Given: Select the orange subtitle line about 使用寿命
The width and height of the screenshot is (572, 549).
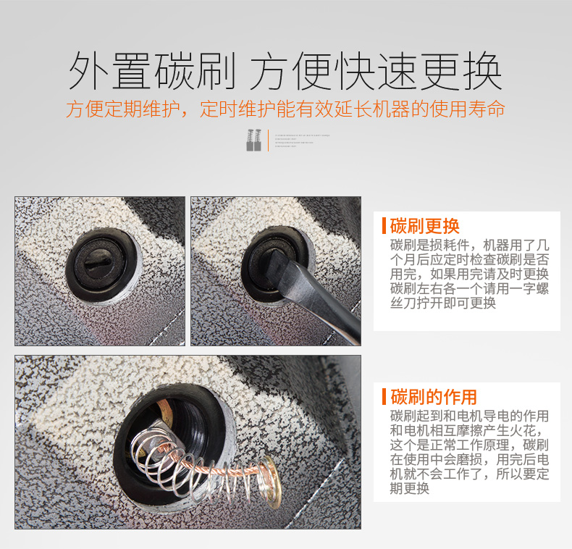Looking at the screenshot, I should click(x=285, y=109).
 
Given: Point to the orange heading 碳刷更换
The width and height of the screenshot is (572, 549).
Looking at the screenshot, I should click(x=424, y=225).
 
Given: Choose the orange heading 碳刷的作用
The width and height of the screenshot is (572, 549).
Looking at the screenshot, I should click(x=434, y=397).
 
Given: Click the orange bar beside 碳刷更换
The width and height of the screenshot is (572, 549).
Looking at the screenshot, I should click(x=384, y=225).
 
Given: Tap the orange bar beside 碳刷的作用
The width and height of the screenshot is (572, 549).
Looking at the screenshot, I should click(x=384, y=397).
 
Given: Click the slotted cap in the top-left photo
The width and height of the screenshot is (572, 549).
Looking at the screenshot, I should click(x=101, y=263).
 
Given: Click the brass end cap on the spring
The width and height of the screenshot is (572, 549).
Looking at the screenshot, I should click(x=269, y=474).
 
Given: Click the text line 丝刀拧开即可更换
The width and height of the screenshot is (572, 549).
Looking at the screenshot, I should click(x=442, y=303).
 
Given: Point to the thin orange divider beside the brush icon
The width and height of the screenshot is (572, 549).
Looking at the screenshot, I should click(x=269, y=140).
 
